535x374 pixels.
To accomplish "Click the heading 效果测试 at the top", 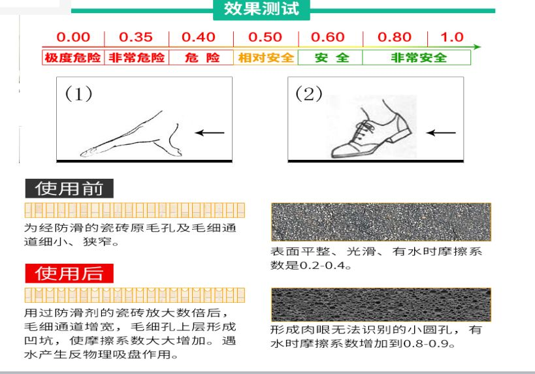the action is pos(261,9).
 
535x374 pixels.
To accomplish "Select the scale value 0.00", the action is pos(73,37).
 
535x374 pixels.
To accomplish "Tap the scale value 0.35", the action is pos(136,37).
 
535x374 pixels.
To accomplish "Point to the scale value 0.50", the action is pos(265,37).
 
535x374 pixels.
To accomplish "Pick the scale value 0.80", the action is pos(395,37).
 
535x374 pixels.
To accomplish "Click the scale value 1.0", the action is pos(452,37).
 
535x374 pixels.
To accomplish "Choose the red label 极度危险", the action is pos(73,57).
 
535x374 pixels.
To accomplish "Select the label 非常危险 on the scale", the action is pos(137,57).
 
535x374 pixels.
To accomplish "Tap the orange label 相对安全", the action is pos(266,57).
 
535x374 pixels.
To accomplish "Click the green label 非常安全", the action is pos(419,57).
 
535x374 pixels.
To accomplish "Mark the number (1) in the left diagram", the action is pos(78,93).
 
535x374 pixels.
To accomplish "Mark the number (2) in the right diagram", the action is pos(309,93).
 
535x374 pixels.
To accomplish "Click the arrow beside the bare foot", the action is pos(210,132).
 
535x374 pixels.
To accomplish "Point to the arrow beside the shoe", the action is pos(441,132).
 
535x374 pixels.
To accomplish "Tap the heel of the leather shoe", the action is pos(402,134).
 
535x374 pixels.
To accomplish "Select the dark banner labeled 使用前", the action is pos(69,189).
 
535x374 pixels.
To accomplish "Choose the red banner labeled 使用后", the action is pos(69,273).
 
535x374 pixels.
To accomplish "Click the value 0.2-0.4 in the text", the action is pos(323,265).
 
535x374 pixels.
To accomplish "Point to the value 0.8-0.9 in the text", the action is pos(427,343).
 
